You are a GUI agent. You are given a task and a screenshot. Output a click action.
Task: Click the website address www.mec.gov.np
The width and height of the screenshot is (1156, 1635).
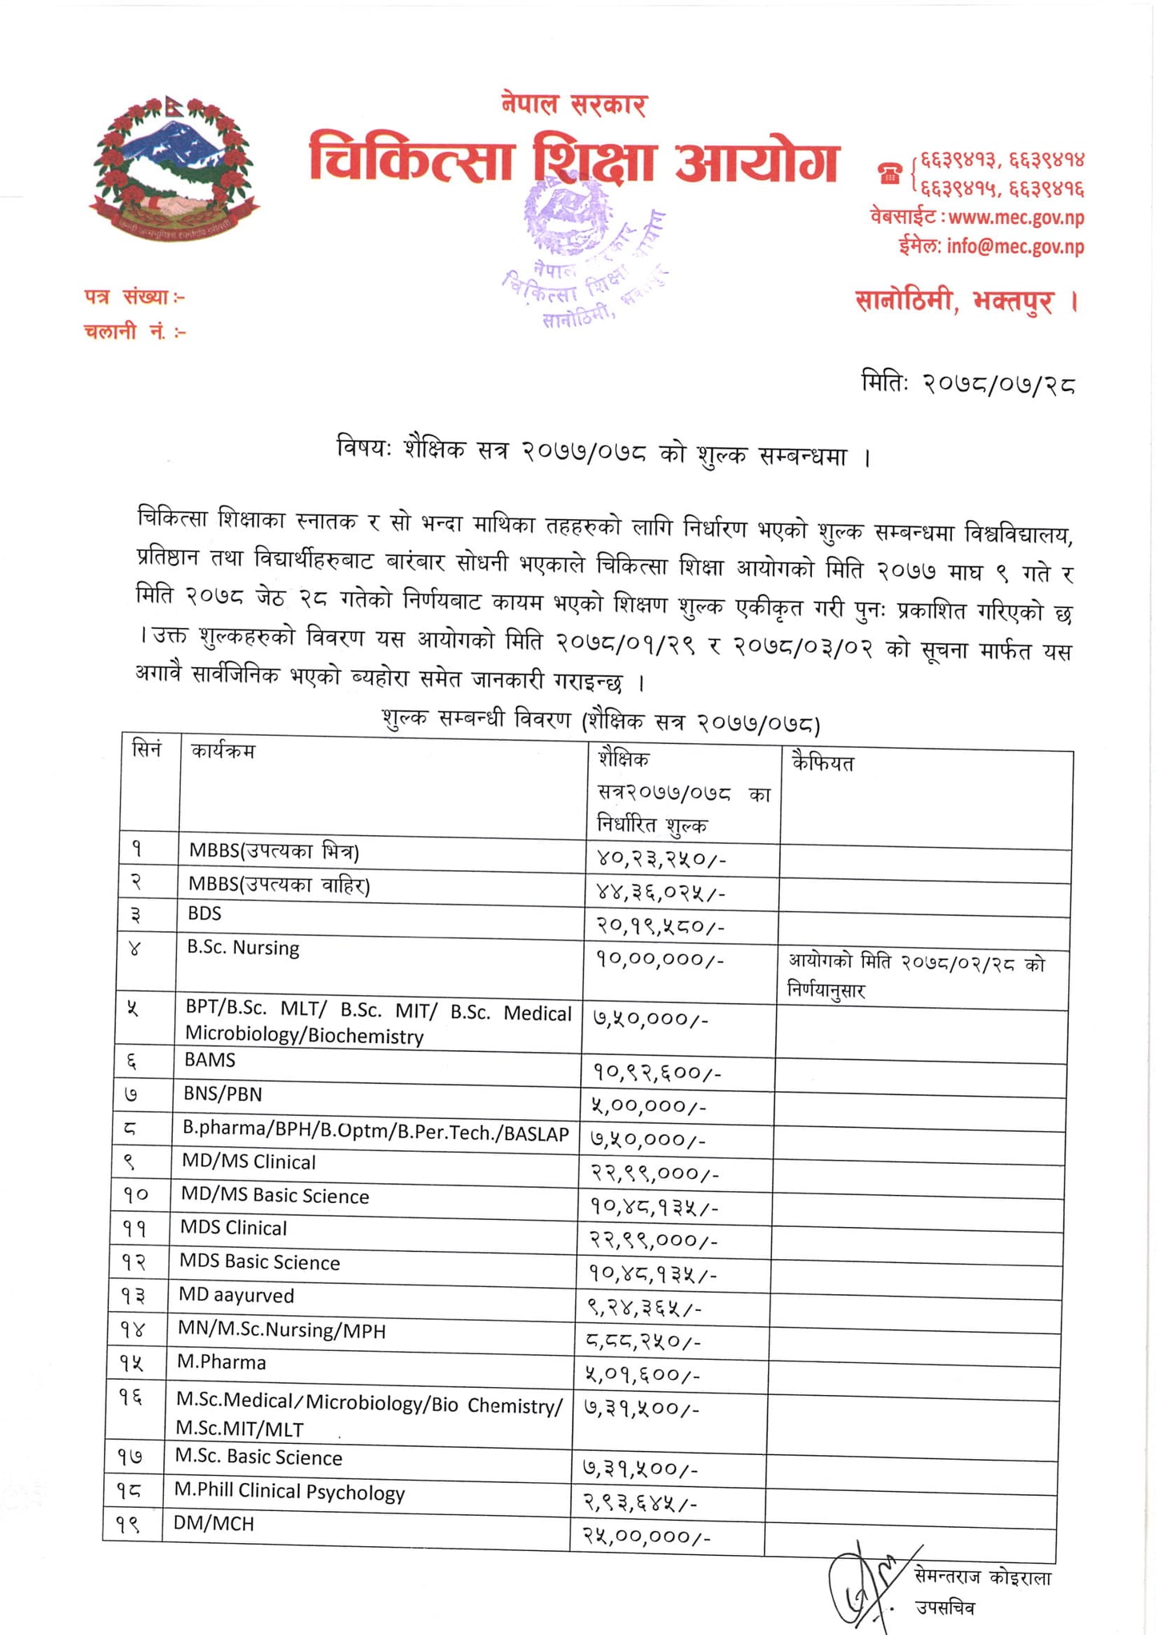[1015, 217]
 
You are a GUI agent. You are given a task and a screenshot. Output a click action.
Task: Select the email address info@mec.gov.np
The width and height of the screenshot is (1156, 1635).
[1015, 246]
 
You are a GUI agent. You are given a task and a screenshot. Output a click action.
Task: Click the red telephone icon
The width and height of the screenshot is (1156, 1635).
[890, 174]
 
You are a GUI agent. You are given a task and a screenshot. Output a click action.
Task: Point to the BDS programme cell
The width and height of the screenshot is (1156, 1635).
[205, 913]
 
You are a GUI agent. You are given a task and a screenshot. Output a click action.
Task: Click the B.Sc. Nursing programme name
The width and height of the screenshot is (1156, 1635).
[243, 948]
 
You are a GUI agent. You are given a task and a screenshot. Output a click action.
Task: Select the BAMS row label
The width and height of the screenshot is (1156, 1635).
[210, 1060]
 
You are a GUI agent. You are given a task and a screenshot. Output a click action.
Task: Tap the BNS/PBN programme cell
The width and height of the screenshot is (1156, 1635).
[222, 1093]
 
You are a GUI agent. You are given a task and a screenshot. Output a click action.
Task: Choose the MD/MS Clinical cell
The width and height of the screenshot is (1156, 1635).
[248, 1161]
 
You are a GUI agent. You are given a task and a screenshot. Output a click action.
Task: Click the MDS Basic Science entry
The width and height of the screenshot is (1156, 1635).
[260, 1261]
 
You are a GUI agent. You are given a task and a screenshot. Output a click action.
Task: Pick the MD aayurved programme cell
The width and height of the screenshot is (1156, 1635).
[236, 1295]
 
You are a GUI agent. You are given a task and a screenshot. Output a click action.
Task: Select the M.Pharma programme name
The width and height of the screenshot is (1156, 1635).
[222, 1362]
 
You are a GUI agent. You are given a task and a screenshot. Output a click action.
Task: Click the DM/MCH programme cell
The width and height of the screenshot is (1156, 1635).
[214, 1523]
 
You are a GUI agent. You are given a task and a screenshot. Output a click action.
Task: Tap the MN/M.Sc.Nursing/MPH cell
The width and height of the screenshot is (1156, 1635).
[282, 1329]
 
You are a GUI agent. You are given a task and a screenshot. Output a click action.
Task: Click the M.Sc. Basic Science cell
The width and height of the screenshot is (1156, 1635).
[258, 1457]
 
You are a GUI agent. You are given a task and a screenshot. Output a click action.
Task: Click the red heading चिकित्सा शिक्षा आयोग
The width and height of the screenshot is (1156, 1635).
[573, 161]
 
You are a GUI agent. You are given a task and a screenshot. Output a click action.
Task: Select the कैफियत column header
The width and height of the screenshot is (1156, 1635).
[822, 762]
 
